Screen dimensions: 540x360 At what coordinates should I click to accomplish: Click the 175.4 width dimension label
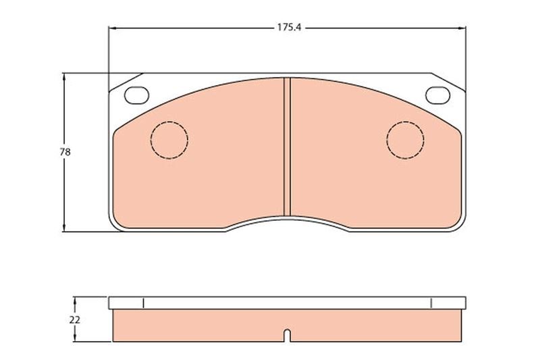(x=290, y=28)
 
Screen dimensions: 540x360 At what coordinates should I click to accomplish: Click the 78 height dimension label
(x=65, y=152)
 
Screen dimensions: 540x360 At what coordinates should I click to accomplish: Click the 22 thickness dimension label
(x=75, y=319)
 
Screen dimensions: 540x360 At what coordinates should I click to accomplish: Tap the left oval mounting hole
(x=137, y=95)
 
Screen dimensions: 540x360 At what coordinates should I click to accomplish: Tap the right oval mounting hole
(x=437, y=95)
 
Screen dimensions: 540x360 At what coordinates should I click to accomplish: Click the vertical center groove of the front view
(x=287, y=147)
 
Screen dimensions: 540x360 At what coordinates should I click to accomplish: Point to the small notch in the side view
(x=288, y=336)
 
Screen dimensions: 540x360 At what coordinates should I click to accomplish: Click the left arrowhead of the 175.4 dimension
(x=111, y=28)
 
